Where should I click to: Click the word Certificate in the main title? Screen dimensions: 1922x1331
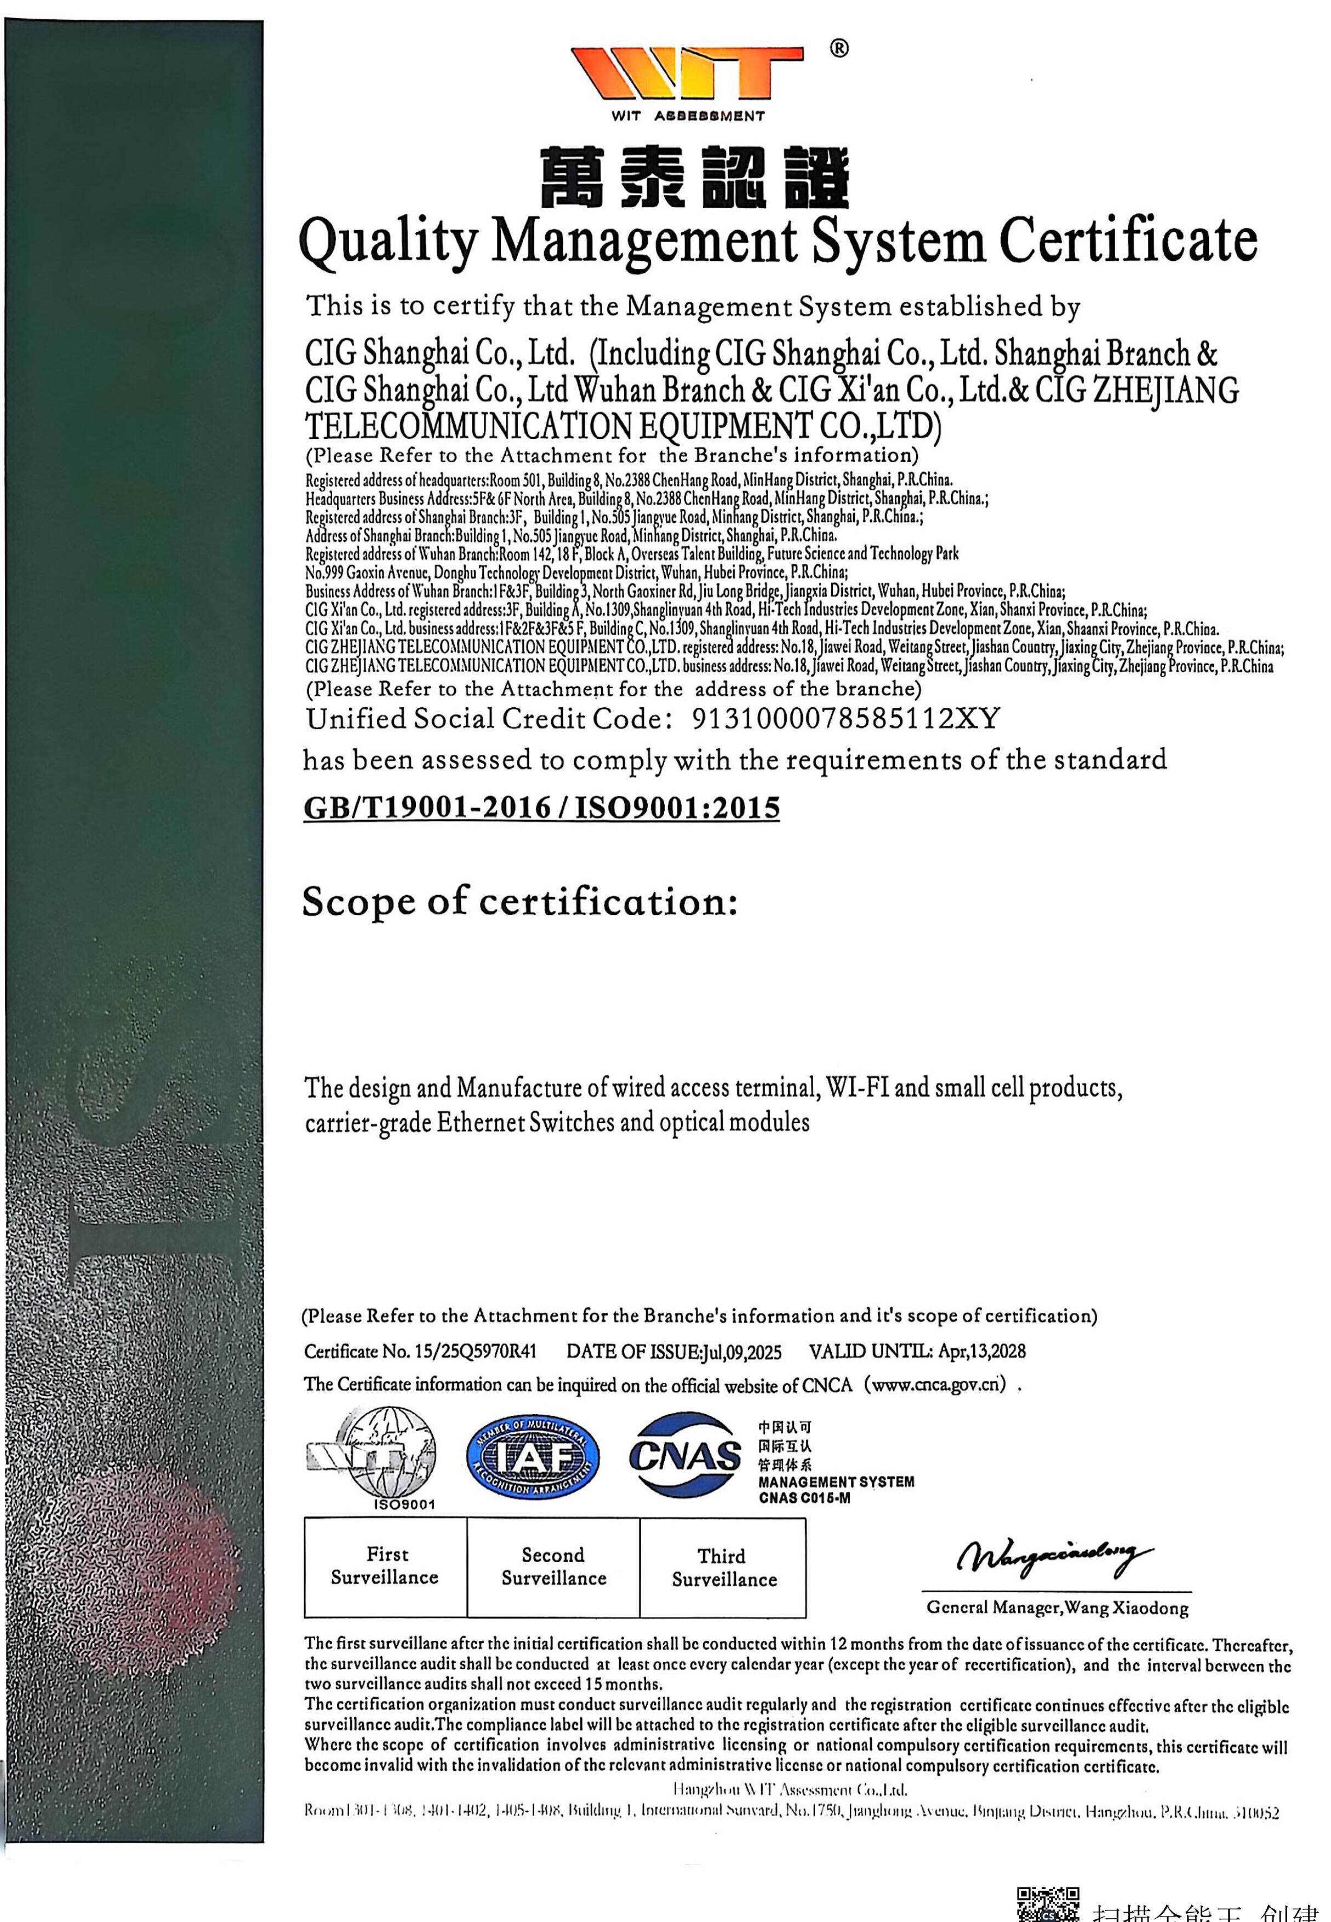pos(1128,241)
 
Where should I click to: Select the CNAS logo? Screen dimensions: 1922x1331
pos(685,1455)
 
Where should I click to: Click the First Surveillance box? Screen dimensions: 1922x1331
pos(385,1567)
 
